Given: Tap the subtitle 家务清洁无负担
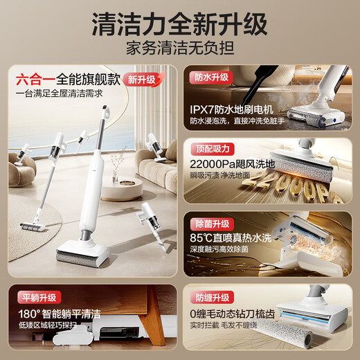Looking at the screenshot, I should [180, 51].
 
